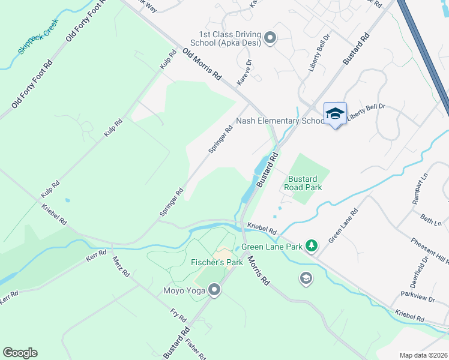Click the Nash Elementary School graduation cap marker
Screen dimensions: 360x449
click(335, 113)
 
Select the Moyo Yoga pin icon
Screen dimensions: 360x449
click(214, 291)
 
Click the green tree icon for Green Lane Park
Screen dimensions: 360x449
click(311, 245)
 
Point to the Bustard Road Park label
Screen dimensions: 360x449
click(305, 183)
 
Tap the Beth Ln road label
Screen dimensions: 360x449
click(430, 220)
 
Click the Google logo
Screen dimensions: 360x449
click(20, 353)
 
